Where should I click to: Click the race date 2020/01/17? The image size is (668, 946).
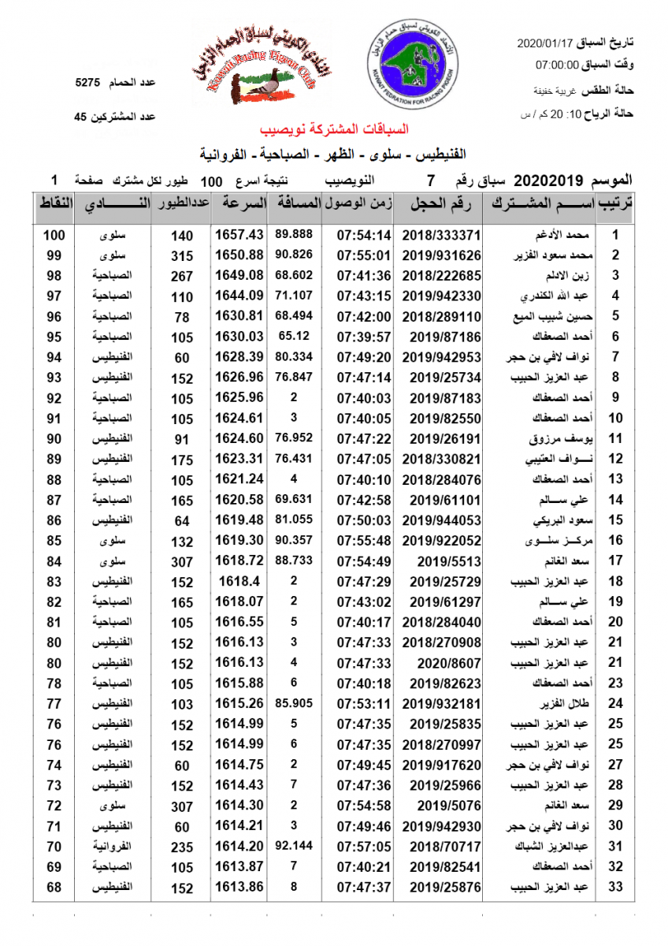548,42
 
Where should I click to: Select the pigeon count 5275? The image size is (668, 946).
87,83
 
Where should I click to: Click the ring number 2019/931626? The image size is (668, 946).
441,255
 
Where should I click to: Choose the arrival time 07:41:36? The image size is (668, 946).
364,276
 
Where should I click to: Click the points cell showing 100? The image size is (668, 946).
54,235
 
